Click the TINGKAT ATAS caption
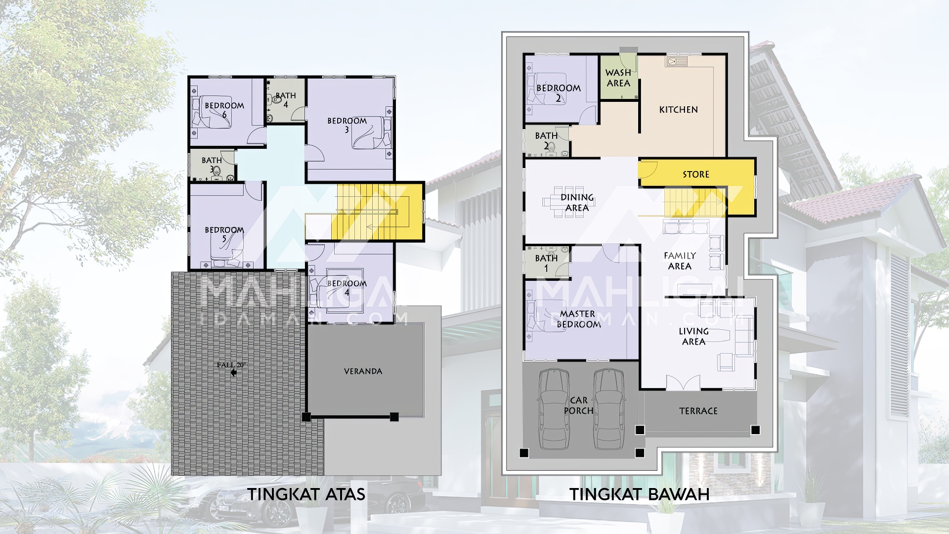[306, 494]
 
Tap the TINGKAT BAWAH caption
[640, 494]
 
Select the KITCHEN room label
[679, 110]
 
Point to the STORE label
[696, 175]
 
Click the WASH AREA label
[618, 78]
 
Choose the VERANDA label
[363, 371]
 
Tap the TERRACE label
[698, 411]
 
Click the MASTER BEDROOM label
[579, 319]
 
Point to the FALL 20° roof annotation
[231, 365]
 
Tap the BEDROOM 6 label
[224, 110]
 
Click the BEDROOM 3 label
[347, 125]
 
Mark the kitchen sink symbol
[677, 62]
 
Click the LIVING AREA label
[694, 336]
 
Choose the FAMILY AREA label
[680, 261]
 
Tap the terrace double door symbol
[683, 382]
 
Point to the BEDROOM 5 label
[224, 234]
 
